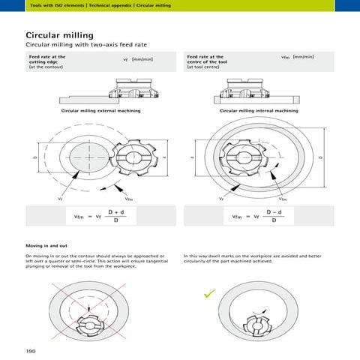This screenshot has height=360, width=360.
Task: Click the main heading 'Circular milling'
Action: [x=59, y=35]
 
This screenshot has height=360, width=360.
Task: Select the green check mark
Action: [x=199, y=295]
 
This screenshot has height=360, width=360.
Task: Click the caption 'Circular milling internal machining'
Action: [x=258, y=111]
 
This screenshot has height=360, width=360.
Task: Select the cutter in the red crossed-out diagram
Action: [x=90, y=323]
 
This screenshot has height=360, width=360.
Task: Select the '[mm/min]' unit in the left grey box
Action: [x=142, y=58]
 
